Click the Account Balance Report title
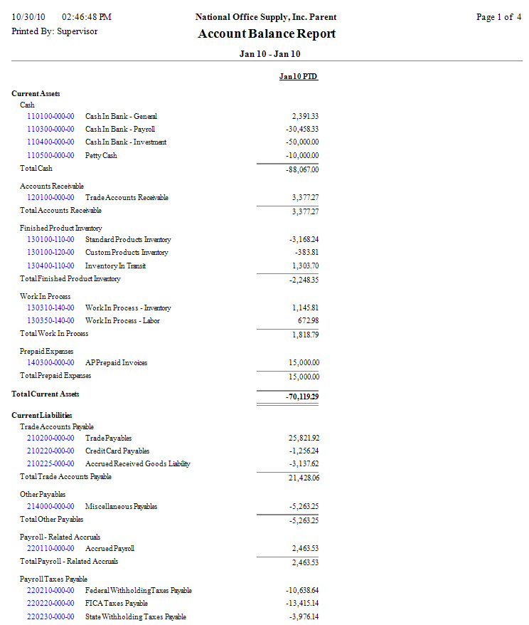coord(267,33)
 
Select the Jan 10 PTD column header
coord(298,76)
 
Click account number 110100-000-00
coord(50,116)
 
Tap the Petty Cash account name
coord(101,155)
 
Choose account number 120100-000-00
coord(50,197)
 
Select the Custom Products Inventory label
coord(127,252)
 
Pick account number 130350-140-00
coord(50,320)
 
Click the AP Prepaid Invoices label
coord(116,362)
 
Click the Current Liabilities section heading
coord(42,415)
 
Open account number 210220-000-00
coord(50,451)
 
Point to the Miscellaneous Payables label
coord(121,506)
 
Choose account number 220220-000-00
coord(50,603)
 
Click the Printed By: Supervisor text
coord(55,31)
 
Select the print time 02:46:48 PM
coord(87,17)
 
